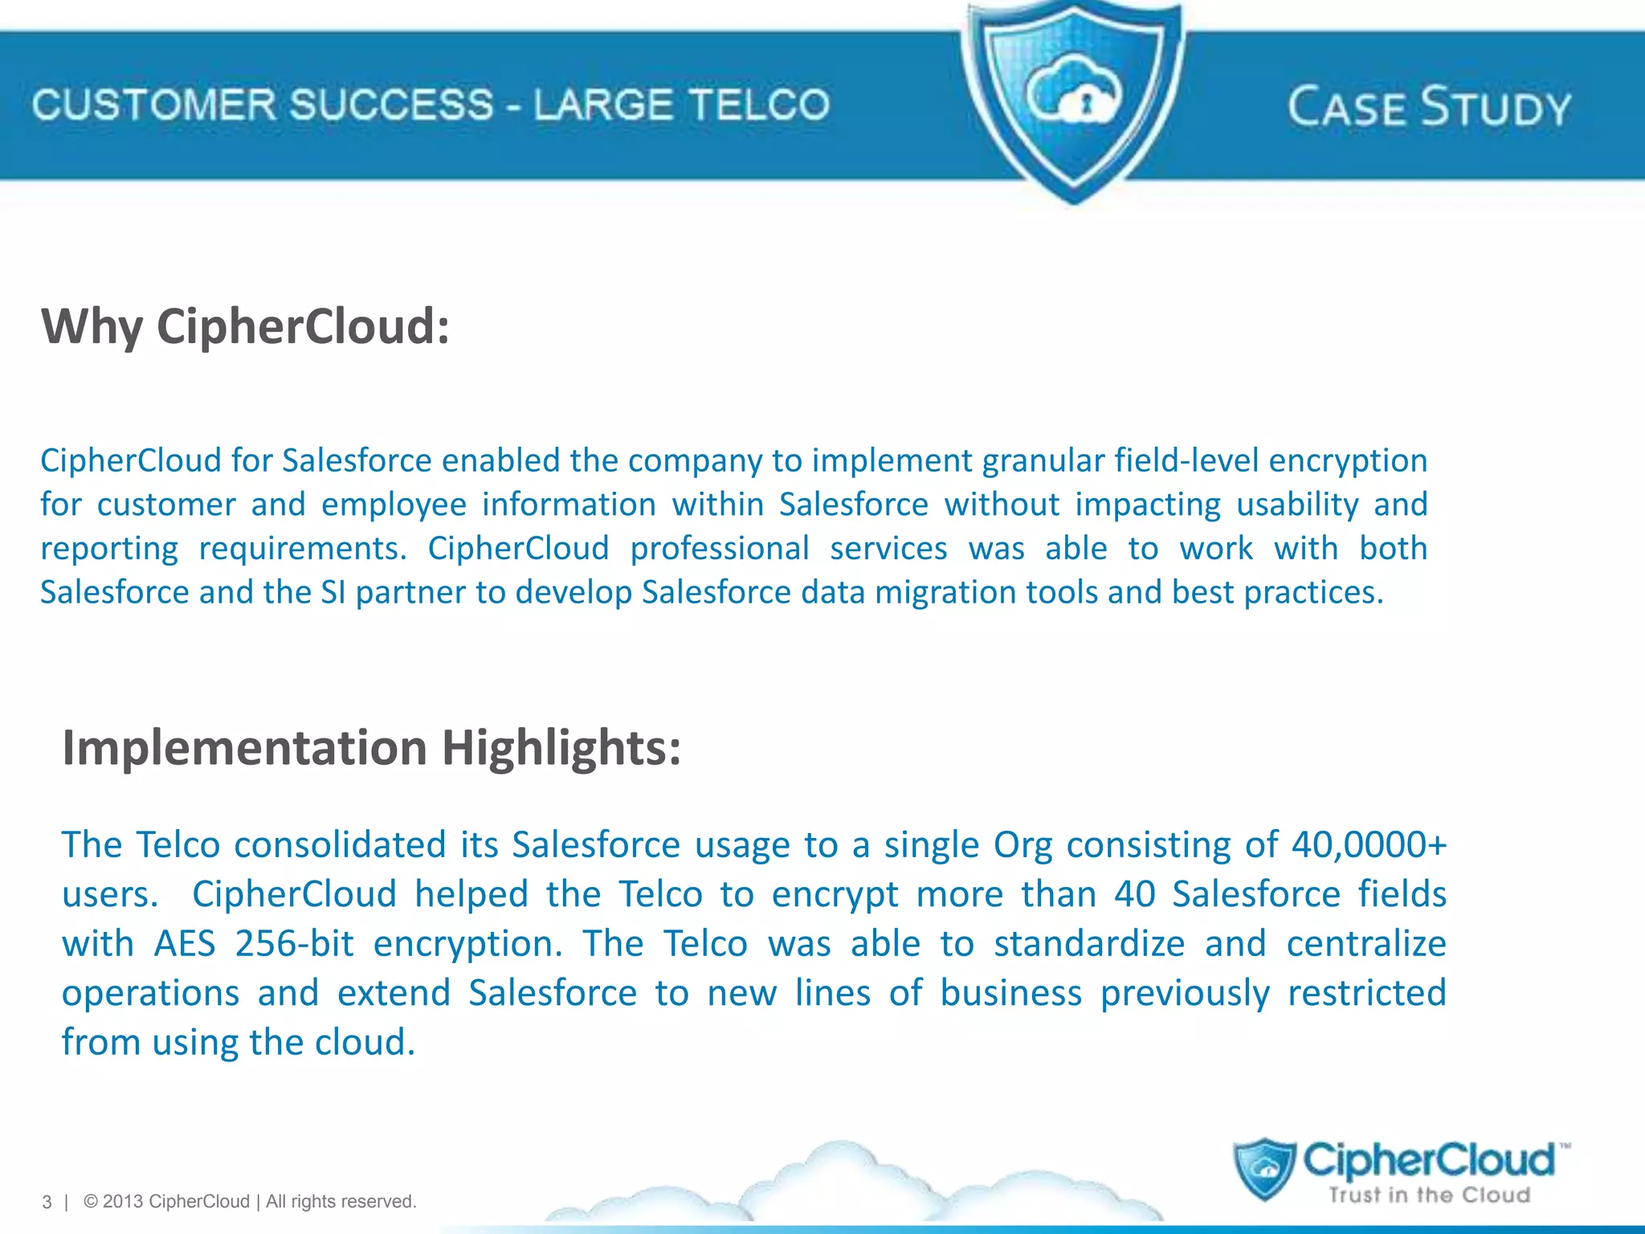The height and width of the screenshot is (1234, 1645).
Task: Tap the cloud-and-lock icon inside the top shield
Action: tap(1074, 95)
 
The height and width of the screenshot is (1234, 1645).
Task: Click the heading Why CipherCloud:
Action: tap(245, 326)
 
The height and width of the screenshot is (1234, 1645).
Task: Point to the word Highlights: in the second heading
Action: tap(561, 748)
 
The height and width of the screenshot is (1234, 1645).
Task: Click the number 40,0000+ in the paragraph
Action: tap(1369, 845)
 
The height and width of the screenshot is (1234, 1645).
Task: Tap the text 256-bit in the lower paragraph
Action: tap(294, 944)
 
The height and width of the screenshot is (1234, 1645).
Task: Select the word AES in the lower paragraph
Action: tap(185, 944)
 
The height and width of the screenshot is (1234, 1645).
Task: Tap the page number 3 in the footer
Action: tap(47, 1202)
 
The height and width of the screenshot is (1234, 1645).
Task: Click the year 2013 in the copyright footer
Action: tap(123, 1201)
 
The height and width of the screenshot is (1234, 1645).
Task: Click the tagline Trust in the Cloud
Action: tap(1429, 1195)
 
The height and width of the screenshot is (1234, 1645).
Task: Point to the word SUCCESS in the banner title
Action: tap(391, 105)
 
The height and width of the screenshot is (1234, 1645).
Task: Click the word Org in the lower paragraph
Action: tap(1023, 845)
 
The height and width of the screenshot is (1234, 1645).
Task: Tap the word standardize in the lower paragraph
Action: tap(1089, 944)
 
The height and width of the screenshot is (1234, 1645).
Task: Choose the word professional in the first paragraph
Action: tap(719, 549)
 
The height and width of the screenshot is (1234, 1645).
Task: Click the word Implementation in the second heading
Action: tap(245, 748)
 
